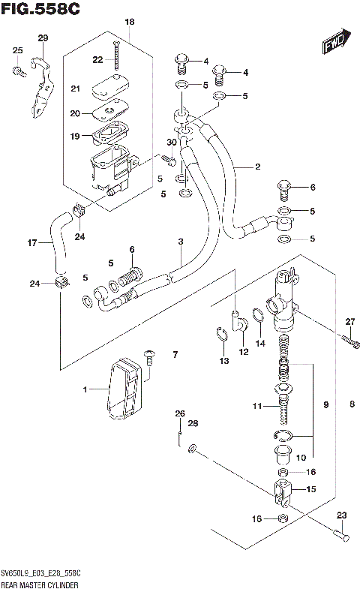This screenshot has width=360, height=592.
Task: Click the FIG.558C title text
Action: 40,8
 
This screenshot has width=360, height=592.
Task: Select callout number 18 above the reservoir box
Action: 129,23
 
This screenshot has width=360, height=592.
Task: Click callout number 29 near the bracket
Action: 42,38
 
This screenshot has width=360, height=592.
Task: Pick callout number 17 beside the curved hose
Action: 31,243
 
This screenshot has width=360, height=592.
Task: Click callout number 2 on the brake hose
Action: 256,167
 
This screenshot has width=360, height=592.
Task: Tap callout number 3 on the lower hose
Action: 180,241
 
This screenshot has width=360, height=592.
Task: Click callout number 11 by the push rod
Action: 256,406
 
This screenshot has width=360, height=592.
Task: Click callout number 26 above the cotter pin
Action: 179,413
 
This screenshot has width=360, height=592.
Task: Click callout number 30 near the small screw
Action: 172,143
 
